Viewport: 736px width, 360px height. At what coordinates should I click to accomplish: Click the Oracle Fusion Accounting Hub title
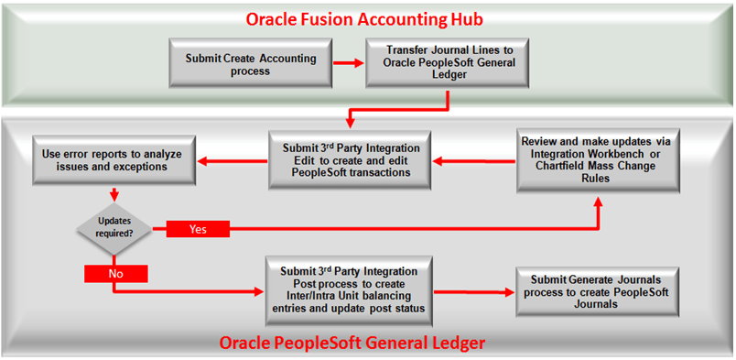[x=371, y=18]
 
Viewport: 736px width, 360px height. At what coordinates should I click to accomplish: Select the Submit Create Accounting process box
[x=251, y=64]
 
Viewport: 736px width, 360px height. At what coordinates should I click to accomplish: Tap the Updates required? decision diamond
[x=114, y=224]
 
